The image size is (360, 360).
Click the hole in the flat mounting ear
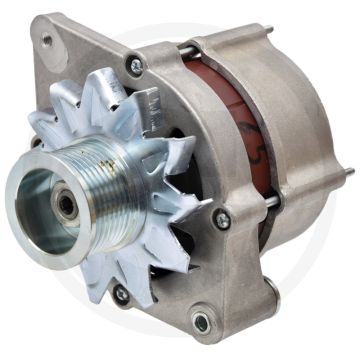pos(46,42)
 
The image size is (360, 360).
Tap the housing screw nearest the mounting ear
pos(133,64)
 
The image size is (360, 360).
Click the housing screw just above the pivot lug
pos(223,218)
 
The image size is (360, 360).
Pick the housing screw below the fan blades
pos(121,293)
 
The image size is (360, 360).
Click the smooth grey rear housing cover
pos(290,130)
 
